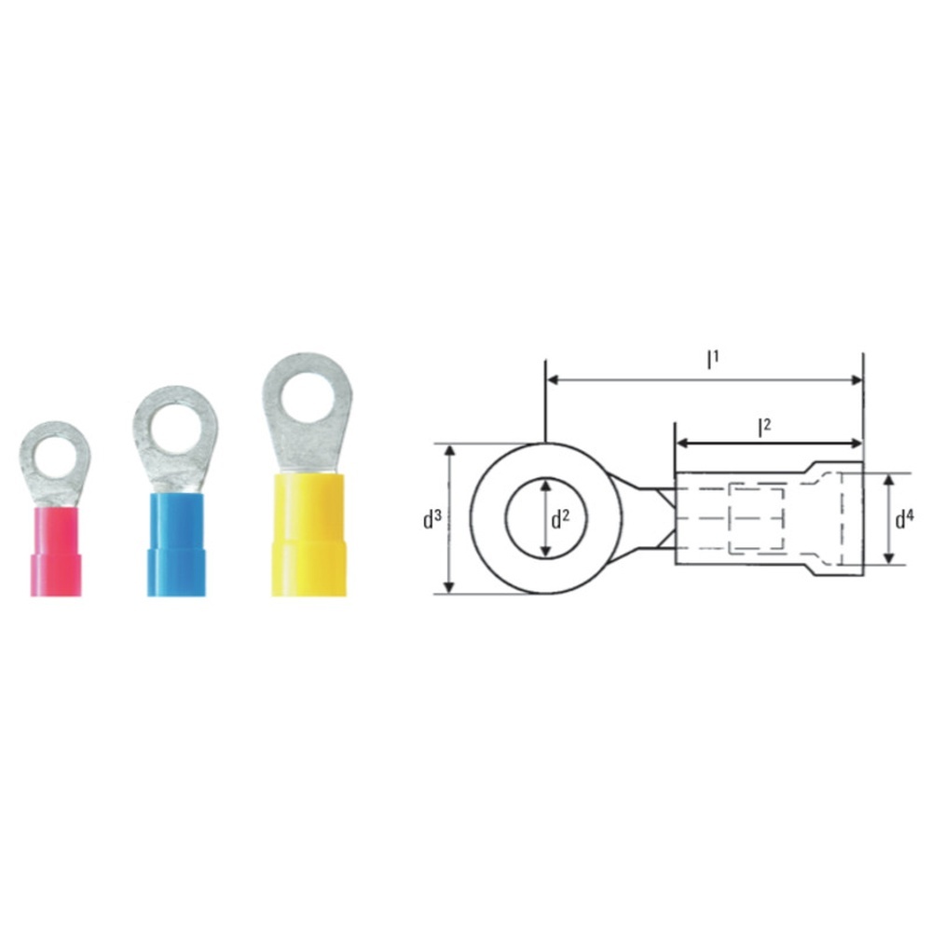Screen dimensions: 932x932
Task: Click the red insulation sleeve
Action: (55, 551)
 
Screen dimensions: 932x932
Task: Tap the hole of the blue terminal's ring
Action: (175, 430)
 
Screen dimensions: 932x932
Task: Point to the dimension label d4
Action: (904, 519)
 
